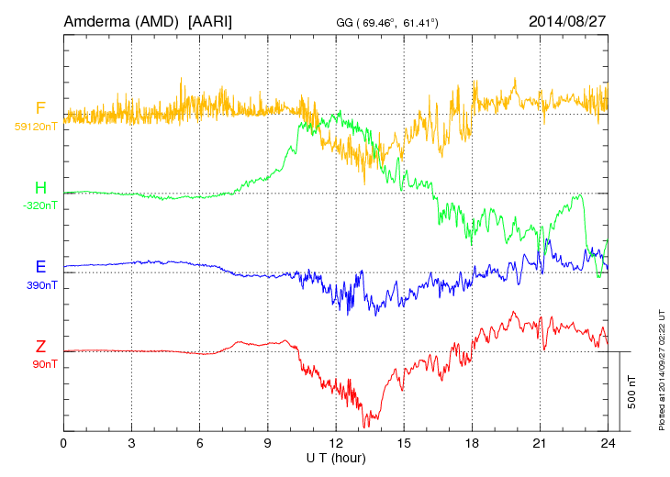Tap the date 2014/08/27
567,20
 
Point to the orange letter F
40,109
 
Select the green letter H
40,189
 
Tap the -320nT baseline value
39,205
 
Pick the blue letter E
40,268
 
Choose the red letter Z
40,347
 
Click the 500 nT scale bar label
632,392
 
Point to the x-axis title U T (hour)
336,457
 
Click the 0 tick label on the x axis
63,442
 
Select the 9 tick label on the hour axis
268,442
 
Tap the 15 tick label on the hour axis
404,442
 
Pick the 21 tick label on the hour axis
540,442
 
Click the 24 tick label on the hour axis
608,442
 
